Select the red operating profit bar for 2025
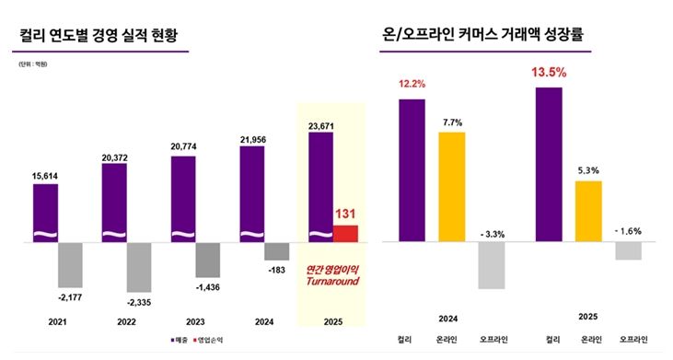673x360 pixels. [x=345, y=234]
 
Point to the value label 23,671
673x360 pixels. [x=320, y=124]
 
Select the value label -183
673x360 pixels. [x=277, y=269]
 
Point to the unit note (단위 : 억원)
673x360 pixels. [x=33, y=64]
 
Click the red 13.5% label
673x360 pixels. [x=548, y=71]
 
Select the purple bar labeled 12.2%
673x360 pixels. [x=412, y=170]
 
